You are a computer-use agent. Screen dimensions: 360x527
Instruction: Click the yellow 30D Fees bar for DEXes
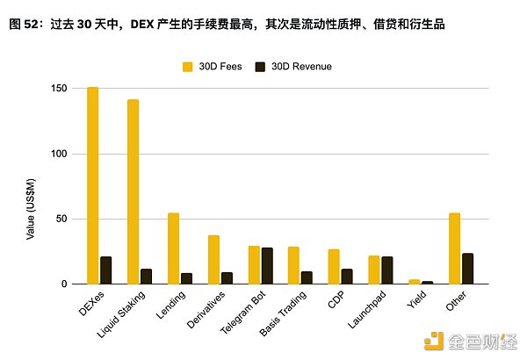(x=92, y=185)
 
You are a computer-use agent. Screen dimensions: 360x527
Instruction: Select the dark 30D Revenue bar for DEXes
(x=105, y=270)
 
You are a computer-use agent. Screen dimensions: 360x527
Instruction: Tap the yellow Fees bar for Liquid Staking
(x=133, y=191)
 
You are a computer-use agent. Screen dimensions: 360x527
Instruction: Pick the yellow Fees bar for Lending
(x=173, y=248)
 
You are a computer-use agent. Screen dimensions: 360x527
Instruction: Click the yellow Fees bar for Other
(x=454, y=248)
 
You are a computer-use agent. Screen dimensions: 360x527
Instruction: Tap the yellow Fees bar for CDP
(x=334, y=267)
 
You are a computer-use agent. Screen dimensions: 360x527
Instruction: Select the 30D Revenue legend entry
(x=292, y=66)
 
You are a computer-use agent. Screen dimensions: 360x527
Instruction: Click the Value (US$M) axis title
(x=31, y=207)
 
